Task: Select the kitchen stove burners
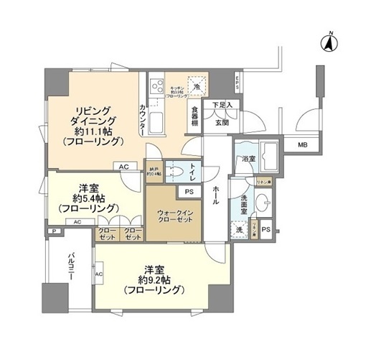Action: point(156,89)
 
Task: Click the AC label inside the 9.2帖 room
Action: point(98,274)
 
